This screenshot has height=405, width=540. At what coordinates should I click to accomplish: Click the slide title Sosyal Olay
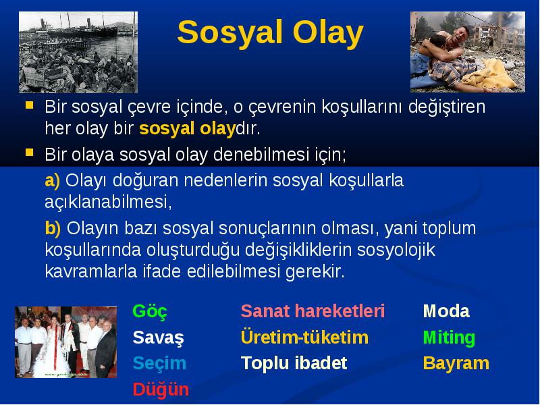[271, 32]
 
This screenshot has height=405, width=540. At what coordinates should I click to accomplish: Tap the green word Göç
[150, 311]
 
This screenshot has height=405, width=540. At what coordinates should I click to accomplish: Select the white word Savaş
[158, 337]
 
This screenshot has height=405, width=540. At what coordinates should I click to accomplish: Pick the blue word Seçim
[159, 363]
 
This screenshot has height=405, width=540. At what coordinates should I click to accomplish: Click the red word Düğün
[161, 389]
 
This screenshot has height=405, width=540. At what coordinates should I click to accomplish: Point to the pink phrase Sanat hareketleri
[313, 311]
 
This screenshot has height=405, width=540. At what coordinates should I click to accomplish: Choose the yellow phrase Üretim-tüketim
[305, 337]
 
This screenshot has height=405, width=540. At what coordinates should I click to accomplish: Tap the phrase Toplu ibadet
[294, 363]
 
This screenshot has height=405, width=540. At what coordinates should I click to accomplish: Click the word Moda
[446, 311]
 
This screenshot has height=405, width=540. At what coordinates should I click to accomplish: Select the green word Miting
[449, 337]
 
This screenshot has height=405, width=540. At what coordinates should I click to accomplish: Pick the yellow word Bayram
[456, 364]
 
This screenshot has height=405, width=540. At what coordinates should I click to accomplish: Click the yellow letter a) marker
[53, 181]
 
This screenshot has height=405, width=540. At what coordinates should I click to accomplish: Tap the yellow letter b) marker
[53, 228]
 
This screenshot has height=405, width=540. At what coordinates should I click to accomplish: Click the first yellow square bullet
[30, 105]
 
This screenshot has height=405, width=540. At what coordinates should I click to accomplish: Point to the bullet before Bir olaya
[30, 153]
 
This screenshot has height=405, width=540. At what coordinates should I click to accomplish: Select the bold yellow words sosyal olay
[187, 129]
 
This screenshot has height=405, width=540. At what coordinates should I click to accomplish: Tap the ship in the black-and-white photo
[82, 29]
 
